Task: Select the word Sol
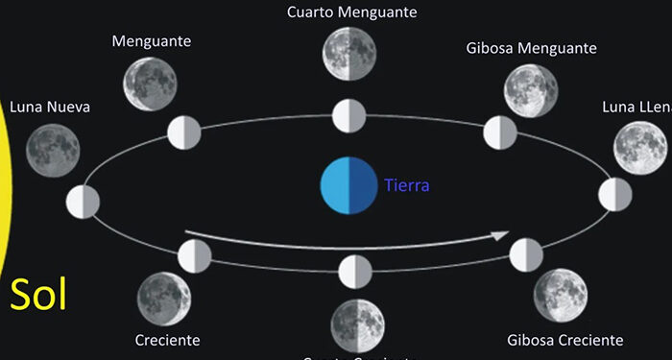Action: click(38, 295)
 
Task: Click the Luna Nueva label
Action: click(50, 107)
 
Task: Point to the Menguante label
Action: click(152, 41)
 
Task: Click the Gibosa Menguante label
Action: click(531, 48)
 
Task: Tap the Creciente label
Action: click(167, 340)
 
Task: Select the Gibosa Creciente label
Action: click(564, 340)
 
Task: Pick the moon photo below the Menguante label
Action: click(151, 84)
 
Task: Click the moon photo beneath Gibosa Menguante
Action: click(531, 91)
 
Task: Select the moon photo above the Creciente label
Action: click(163, 299)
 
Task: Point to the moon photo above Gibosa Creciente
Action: click(561, 296)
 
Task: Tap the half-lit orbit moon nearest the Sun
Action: click(84, 203)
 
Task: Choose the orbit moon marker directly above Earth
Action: click(349, 116)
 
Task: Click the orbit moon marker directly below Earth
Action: click(354, 271)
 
